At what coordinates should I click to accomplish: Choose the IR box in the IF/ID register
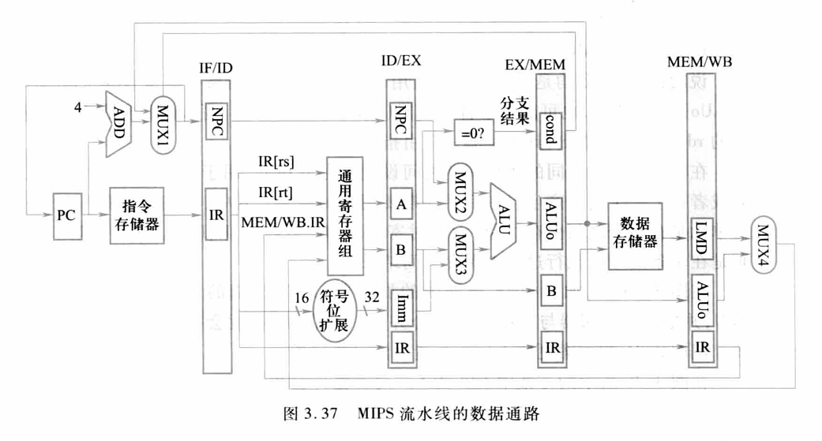(216, 215)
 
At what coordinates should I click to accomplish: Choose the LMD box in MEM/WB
(701, 235)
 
